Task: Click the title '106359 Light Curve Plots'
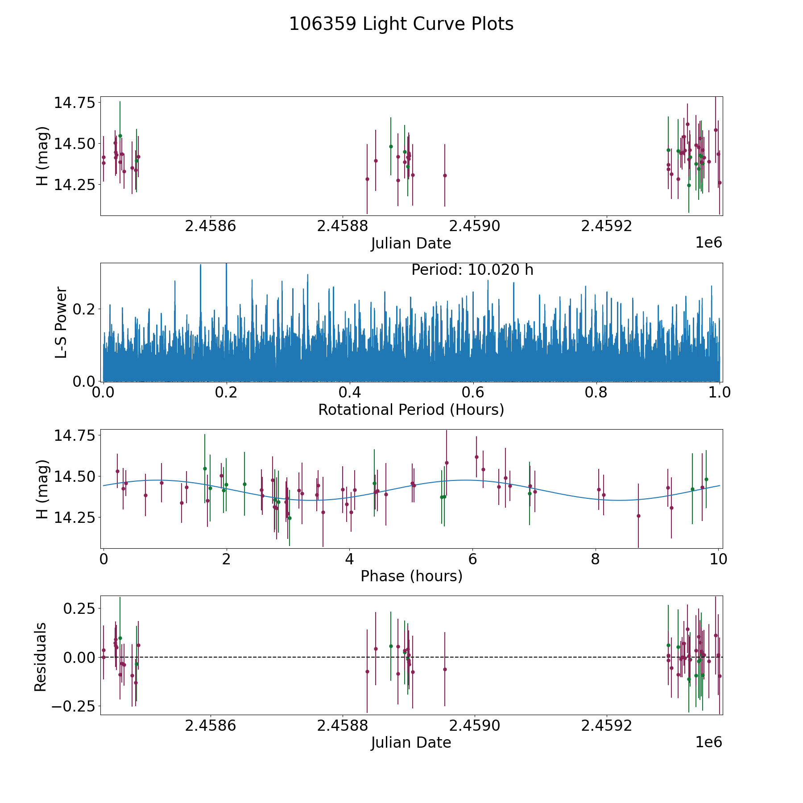tap(401, 24)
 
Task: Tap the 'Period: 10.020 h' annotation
tap(472, 270)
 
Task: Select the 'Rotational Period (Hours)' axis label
tap(411, 410)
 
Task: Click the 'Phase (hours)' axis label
tap(411, 576)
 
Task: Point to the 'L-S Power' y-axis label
tap(61, 322)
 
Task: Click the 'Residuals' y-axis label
tap(41, 657)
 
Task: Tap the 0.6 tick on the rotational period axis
tap(473, 393)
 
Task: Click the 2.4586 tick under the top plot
tap(210, 226)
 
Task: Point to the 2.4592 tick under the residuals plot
tap(606, 726)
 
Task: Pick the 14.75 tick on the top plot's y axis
tap(75, 103)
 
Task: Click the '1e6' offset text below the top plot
tap(708, 243)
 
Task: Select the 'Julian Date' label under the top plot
tap(411, 244)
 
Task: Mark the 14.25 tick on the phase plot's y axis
tap(75, 517)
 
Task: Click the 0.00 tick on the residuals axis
tap(78, 657)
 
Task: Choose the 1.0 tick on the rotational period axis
tap(719, 393)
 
